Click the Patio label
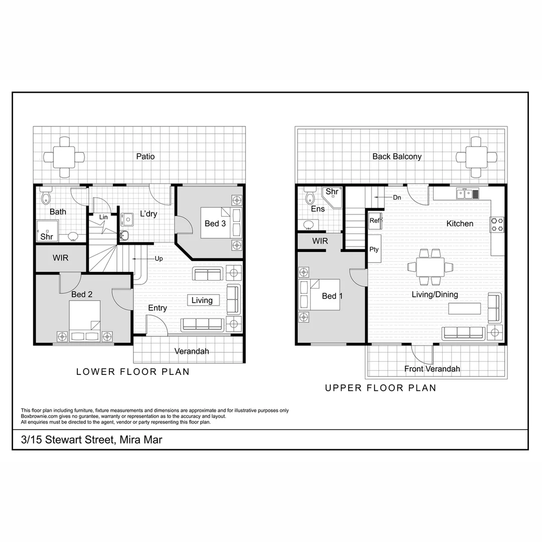click(x=146, y=157)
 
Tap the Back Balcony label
click(x=397, y=157)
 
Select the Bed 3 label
click(x=215, y=223)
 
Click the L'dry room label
click(x=149, y=214)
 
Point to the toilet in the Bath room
click(x=46, y=195)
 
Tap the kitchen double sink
click(x=468, y=193)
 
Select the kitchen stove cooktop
click(x=497, y=224)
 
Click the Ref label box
click(x=374, y=221)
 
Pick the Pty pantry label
click(x=374, y=249)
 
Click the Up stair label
click(x=159, y=259)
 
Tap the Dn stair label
click(x=397, y=198)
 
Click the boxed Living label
click(x=202, y=300)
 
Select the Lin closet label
click(x=103, y=217)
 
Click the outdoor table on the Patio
click(x=64, y=157)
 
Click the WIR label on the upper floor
click(x=320, y=241)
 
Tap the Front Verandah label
click(x=432, y=369)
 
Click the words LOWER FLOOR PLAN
click(x=133, y=372)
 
